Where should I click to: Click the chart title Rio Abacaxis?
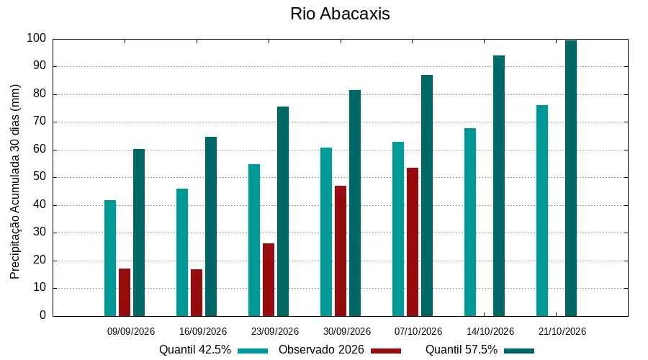click(x=340, y=14)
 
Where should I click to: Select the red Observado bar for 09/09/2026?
click(x=125, y=292)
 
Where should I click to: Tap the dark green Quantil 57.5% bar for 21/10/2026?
click(x=571, y=178)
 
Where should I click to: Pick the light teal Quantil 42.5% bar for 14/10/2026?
click(x=470, y=222)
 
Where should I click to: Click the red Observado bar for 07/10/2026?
click(x=413, y=242)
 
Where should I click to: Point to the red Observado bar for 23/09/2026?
click(x=269, y=280)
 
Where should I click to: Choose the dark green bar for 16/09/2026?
click(x=211, y=227)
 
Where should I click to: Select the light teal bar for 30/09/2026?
click(x=326, y=232)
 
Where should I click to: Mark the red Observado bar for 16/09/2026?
click(x=197, y=292)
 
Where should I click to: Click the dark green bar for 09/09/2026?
click(x=139, y=233)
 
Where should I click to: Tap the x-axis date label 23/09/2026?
click(x=275, y=331)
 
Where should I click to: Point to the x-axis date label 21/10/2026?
click(x=562, y=331)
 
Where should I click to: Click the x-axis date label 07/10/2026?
click(x=418, y=331)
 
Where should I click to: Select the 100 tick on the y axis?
click(x=37, y=38)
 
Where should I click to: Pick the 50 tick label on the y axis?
click(x=40, y=177)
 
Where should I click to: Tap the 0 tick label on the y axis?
click(x=43, y=315)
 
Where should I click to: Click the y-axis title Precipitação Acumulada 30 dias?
click(x=15, y=182)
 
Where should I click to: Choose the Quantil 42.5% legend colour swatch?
click(x=253, y=351)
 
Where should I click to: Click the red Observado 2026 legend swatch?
click(x=386, y=351)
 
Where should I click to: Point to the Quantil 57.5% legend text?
click(x=462, y=350)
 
